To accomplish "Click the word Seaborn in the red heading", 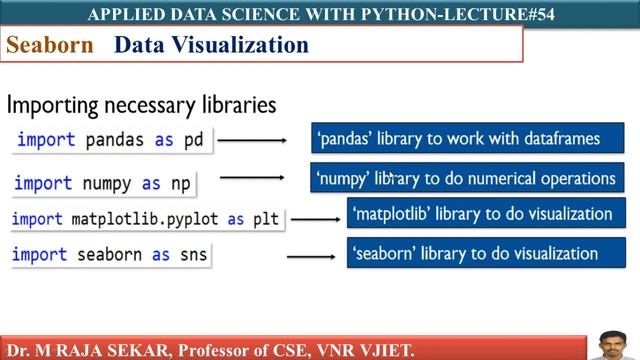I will click(x=50, y=46).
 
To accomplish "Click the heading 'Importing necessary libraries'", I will click(x=141, y=104).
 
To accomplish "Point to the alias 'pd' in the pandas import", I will click(x=194, y=140).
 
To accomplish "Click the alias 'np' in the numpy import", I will click(x=181, y=183).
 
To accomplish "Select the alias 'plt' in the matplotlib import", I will click(x=266, y=218).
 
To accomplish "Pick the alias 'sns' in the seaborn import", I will click(x=193, y=255).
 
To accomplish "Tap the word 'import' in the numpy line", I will click(x=43, y=183).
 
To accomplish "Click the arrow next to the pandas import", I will click(x=252, y=140).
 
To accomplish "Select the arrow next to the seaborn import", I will click(x=311, y=257).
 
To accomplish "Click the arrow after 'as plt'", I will click(x=315, y=219).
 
